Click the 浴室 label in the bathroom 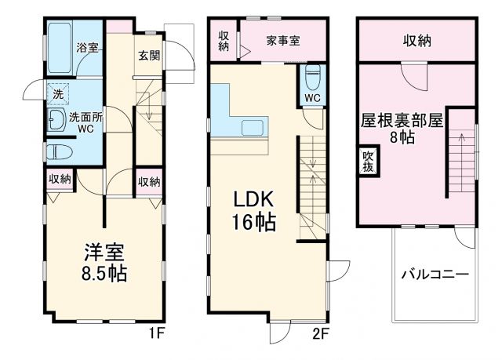tap(87, 47)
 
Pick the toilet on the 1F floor tap(60, 151)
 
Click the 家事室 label tap(282, 40)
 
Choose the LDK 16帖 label tap(252, 212)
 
